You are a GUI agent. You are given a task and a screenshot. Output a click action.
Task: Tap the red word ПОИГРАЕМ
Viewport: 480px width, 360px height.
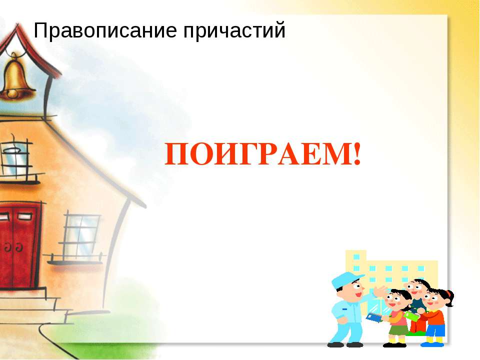pyautogui.click(x=257, y=155)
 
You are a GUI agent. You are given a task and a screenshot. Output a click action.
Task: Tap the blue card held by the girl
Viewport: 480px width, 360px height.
pyautogui.click(x=372, y=316)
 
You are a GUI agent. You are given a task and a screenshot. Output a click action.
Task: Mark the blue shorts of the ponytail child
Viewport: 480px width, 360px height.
pyautogui.click(x=435, y=329)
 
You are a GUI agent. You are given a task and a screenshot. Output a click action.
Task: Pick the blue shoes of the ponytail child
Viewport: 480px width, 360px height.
pyautogui.click(x=434, y=344)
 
